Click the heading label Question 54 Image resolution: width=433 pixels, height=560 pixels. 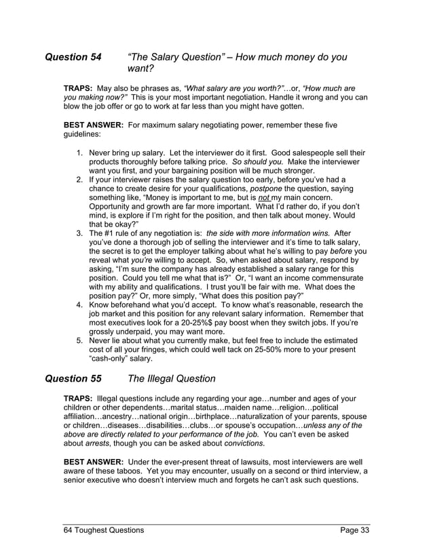73,58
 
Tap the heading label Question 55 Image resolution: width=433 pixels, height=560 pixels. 73,378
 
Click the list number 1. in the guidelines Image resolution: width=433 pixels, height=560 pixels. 81,154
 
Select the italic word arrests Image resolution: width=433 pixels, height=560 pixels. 106,444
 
